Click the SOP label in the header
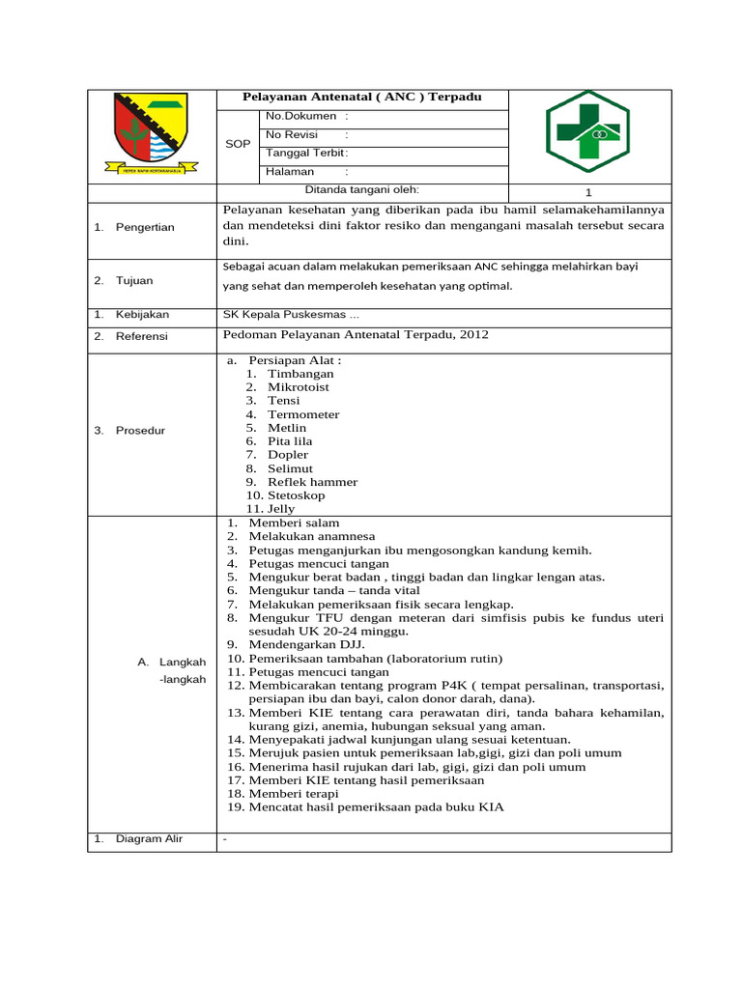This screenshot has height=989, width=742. (238, 144)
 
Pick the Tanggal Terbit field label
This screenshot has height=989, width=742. (305, 153)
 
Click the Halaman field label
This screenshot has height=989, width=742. (290, 171)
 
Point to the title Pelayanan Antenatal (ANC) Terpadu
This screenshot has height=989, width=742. (361, 98)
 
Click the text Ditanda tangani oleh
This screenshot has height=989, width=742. (362, 189)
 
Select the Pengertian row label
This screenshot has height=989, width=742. (145, 227)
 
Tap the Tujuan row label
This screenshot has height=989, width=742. (135, 281)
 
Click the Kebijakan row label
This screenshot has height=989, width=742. (142, 315)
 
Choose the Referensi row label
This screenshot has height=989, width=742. (141, 335)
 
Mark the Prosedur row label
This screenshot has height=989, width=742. (140, 430)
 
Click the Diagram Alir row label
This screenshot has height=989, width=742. (149, 838)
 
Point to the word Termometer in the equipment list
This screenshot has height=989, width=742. (303, 414)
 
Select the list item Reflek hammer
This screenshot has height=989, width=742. (312, 482)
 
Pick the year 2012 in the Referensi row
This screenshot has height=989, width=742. (472, 335)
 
